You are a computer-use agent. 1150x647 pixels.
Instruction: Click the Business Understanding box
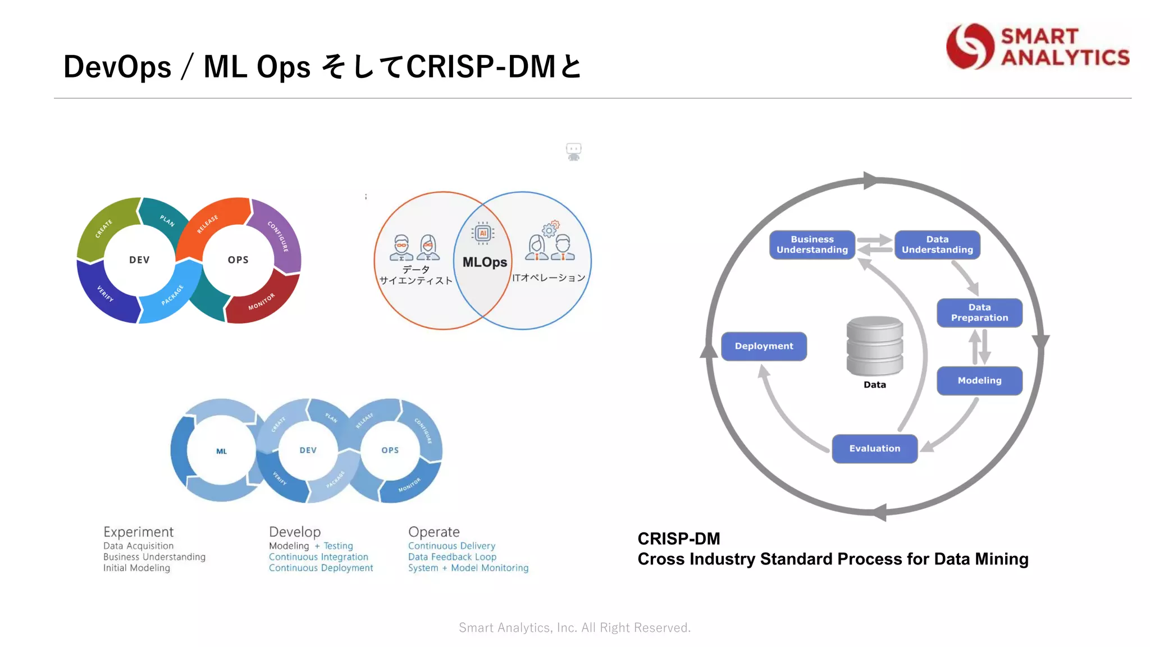tap(812, 245)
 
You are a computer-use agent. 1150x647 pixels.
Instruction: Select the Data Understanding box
tap(937, 245)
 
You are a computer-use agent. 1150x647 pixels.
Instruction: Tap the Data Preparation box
tap(979, 313)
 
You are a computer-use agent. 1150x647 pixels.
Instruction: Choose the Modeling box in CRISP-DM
tap(979, 381)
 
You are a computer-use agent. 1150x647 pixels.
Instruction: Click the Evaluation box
tap(874, 449)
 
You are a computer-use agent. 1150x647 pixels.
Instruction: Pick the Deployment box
tap(764, 347)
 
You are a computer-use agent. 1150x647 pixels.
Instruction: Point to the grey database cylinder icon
tap(874, 345)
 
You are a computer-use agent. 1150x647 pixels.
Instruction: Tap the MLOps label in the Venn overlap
tap(484, 262)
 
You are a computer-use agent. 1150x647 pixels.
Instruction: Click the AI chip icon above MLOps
tap(483, 233)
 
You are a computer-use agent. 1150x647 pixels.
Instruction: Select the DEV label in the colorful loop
tap(139, 260)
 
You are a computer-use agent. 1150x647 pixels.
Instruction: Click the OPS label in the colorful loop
tap(238, 260)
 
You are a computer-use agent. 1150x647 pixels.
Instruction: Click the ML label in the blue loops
tap(221, 452)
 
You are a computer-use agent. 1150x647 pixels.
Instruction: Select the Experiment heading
tap(138, 532)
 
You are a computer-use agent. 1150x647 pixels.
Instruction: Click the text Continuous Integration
tap(318, 557)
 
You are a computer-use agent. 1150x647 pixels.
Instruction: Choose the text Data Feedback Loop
tap(452, 557)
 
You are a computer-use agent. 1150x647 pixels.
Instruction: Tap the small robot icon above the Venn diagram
tap(573, 152)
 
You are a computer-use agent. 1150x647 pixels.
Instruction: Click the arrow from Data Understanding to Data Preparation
tap(965, 277)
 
